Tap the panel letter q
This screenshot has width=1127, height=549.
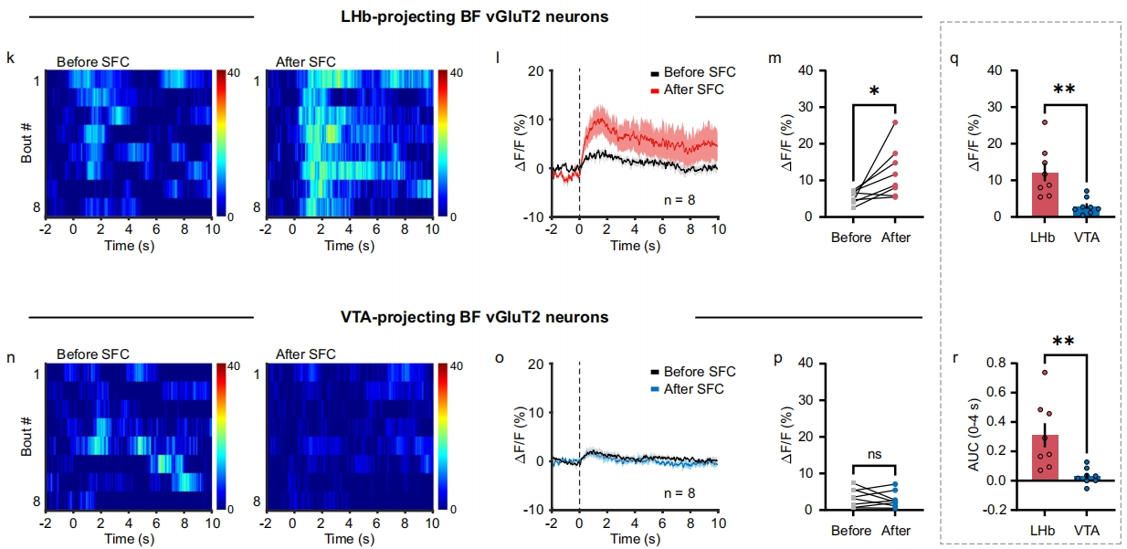pyautogui.click(x=954, y=58)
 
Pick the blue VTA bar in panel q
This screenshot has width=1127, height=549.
pyautogui.click(x=1083, y=212)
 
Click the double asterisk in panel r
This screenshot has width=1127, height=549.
pyautogui.click(x=1064, y=342)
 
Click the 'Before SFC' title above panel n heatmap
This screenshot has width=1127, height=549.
pyautogui.click(x=93, y=354)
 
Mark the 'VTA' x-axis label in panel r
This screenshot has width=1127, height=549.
pyautogui.click(x=1083, y=531)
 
